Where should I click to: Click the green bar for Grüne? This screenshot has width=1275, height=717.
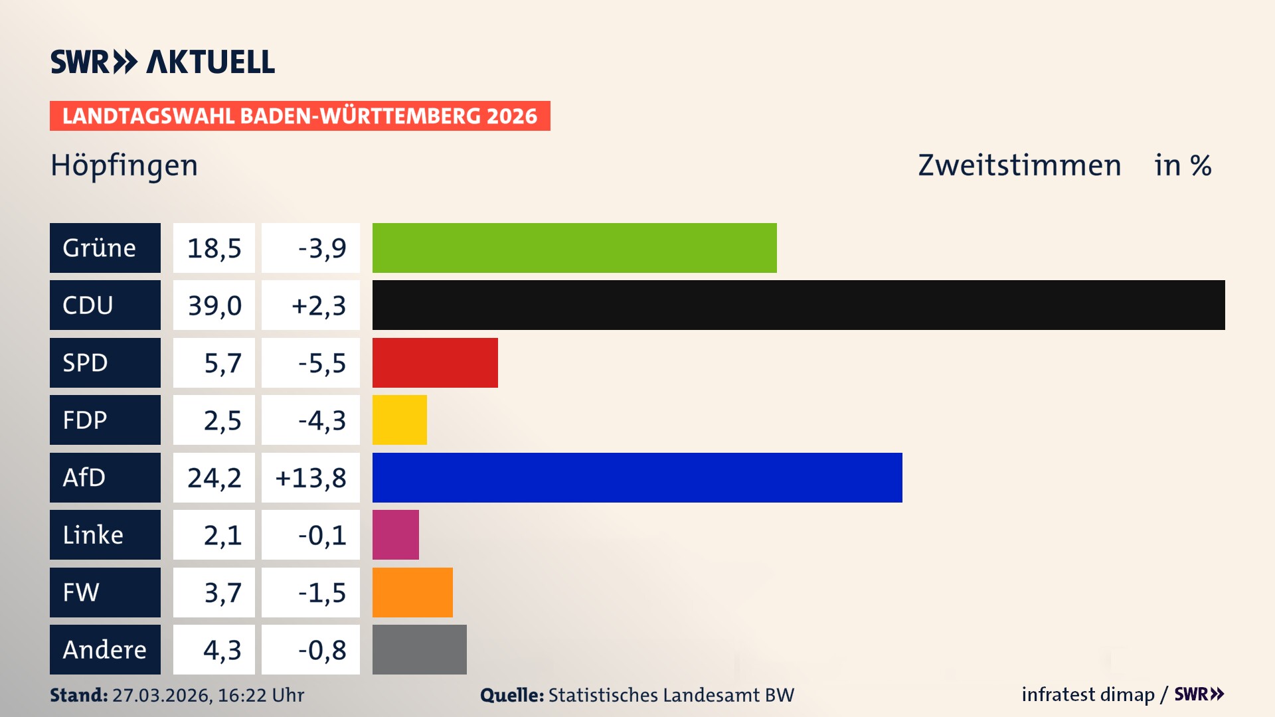(574, 248)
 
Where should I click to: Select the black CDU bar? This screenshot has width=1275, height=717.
(798, 305)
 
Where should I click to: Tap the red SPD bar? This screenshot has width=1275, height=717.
(435, 362)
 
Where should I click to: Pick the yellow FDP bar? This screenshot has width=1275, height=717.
(399, 420)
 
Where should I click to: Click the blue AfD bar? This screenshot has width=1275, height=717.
(637, 477)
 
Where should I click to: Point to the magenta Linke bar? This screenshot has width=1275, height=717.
(395, 534)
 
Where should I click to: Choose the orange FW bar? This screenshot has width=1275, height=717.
(412, 592)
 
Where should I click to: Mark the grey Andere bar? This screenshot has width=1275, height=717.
(419, 649)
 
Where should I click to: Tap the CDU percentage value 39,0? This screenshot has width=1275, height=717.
(214, 305)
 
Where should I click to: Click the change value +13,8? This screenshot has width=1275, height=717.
(310, 478)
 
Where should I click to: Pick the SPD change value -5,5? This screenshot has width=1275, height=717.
(321, 363)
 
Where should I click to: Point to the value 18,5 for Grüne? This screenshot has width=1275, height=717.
(214, 248)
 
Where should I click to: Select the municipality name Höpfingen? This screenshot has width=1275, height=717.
(124, 165)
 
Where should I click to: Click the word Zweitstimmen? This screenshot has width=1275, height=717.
(1019, 165)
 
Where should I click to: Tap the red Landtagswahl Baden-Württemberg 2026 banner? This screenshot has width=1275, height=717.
(299, 116)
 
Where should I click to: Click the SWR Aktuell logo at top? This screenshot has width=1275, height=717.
(162, 62)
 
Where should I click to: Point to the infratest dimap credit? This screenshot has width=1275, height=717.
(1088, 694)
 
